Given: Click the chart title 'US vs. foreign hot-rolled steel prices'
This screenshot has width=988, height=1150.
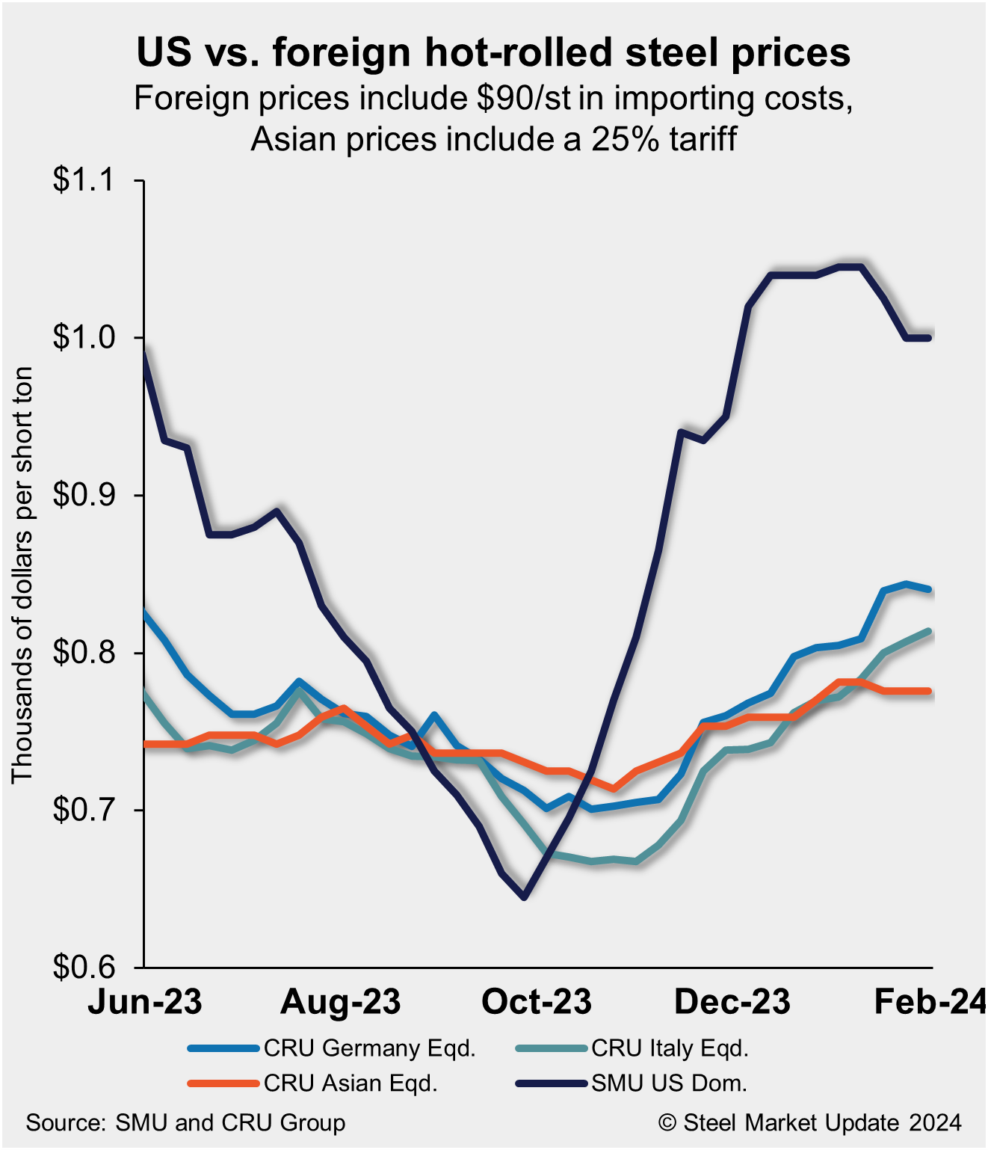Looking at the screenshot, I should pos(493,52).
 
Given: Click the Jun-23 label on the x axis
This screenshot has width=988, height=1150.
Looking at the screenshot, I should pos(145,1002).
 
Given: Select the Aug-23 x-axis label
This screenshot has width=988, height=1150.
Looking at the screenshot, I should pos(341,1002).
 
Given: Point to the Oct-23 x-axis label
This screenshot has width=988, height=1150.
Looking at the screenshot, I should pos(537,1002).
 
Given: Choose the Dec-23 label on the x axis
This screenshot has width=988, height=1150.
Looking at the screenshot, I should pos(732,1002).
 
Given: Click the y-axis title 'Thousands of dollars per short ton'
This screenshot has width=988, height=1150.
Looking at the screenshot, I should pos(22,574).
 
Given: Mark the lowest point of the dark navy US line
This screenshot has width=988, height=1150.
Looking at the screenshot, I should pos(524,897).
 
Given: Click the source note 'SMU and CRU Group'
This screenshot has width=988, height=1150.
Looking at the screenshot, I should pos(185,1123).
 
